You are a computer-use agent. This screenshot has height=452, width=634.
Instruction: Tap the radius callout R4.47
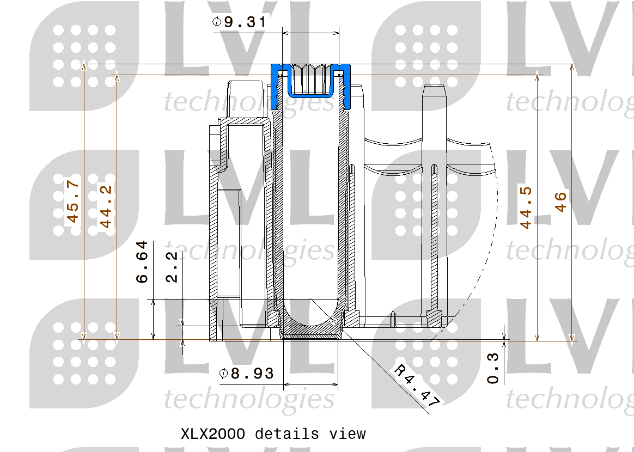[417, 386]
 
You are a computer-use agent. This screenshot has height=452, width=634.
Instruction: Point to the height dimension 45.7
[72, 202]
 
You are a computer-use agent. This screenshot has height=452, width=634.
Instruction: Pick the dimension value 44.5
[526, 207]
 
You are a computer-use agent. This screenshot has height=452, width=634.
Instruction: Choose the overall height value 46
[560, 202]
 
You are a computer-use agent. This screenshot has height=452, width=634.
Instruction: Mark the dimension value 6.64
[142, 262]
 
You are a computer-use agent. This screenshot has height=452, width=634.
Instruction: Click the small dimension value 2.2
[172, 267]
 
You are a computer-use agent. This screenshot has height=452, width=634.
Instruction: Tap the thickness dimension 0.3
[493, 368]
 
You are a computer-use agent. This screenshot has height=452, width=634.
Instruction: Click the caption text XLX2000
[213, 434]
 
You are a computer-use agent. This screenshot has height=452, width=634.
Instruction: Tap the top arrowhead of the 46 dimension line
[571, 68]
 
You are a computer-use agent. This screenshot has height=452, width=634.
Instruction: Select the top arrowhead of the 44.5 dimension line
[538, 78]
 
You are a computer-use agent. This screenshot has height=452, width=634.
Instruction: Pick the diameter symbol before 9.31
[216, 22]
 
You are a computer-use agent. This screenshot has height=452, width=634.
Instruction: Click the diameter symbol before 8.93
[223, 374]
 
